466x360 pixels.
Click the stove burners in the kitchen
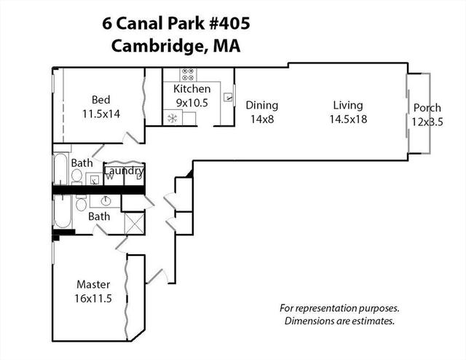(x=188, y=74)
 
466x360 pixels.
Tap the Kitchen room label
(x=191, y=89)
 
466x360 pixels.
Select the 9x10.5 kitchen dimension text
(x=192, y=103)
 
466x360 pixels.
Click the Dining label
(x=262, y=106)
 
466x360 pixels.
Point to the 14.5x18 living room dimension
(x=348, y=120)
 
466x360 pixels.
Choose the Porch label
(x=427, y=108)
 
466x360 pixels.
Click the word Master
(x=93, y=284)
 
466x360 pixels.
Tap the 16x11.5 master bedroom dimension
(x=93, y=298)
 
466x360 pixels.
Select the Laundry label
(x=124, y=171)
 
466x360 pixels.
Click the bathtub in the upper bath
(x=61, y=168)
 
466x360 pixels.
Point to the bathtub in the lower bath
(x=63, y=211)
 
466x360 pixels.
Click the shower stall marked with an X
(x=134, y=223)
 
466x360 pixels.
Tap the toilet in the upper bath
(x=77, y=176)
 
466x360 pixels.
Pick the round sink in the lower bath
(x=106, y=201)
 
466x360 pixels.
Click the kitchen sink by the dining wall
(x=228, y=97)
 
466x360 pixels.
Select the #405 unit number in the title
(x=229, y=23)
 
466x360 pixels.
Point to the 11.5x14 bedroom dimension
(x=101, y=114)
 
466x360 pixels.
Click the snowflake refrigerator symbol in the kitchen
(x=173, y=118)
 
